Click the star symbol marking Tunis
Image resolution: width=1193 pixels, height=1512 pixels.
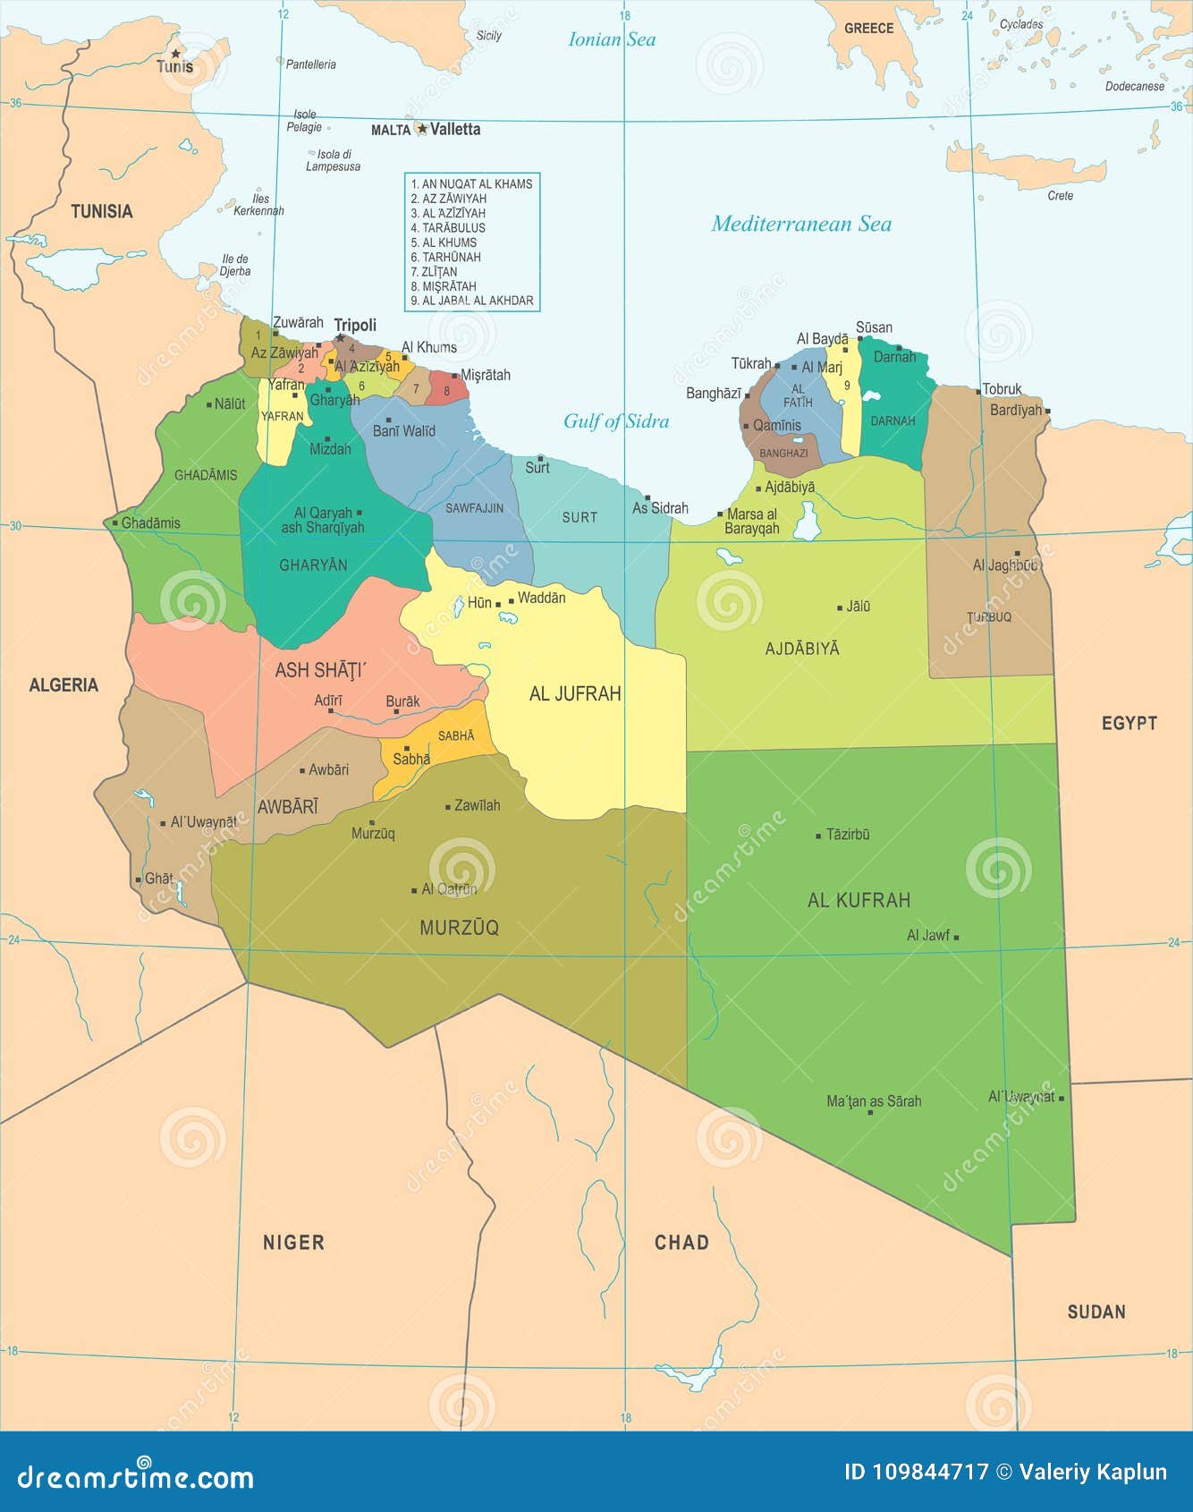click(175, 54)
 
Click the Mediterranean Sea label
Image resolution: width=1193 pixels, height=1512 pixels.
click(801, 224)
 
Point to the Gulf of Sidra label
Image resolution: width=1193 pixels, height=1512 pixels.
click(615, 420)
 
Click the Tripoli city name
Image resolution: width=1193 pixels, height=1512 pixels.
click(355, 325)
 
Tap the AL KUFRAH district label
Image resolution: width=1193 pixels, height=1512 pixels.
click(859, 900)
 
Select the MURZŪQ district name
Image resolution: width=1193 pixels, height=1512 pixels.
click(459, 928)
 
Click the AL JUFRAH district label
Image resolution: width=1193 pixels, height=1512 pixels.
click(575, 693)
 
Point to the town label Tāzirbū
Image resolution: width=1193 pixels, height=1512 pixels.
click(847, 834)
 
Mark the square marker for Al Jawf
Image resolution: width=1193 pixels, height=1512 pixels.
click(956, 937)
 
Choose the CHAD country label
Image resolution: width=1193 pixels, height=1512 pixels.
click(681, 1242)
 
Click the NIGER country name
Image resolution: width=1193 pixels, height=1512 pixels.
click(293, 1242)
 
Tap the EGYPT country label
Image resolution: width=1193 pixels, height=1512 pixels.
click(1129, 723)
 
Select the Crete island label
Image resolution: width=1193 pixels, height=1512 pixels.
click(1060, 195)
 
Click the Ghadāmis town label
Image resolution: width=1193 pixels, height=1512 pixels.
click(150, 522)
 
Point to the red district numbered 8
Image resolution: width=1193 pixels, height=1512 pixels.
click(447, 389)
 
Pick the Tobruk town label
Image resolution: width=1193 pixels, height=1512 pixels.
click(1002, 389)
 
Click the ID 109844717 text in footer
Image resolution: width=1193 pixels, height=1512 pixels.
click(916, 1472)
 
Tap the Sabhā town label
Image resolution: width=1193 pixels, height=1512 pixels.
click(411, 759)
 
